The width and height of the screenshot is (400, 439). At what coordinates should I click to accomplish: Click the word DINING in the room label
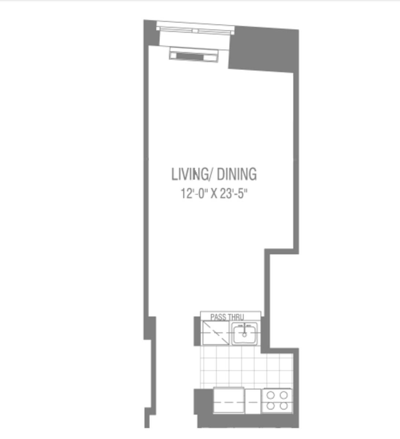tap(237, 174)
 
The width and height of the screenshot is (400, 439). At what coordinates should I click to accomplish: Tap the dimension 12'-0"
tap(194, 194)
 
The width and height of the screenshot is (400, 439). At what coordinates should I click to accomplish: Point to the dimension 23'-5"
tap(233, 194)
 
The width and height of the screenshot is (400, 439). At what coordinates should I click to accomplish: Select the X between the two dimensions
tap(214, 194)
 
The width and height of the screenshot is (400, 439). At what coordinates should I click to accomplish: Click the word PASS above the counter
tap(218, 317)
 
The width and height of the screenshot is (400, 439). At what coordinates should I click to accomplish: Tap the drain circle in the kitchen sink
tap(244, 335)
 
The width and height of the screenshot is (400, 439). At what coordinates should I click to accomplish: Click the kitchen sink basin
tap(244, 334)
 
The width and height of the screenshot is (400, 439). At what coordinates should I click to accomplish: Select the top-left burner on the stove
tap(271, 395)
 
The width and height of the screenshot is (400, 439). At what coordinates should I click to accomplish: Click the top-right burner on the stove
tap(284, 395)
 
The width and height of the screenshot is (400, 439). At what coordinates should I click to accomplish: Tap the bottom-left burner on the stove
tap(271, 406)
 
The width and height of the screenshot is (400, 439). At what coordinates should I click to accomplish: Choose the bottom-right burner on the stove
tap(284, 406)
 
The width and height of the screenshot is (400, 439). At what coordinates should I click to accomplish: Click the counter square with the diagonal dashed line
tap(216, 333)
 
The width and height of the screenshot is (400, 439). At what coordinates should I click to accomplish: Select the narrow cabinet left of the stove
tap(253, 401)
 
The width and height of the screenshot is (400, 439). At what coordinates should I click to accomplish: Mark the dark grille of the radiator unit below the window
tap(190, 56)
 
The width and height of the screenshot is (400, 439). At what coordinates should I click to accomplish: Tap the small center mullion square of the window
tap(195, 31)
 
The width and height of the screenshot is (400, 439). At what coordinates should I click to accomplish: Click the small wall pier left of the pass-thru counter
tap(197, 331)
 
